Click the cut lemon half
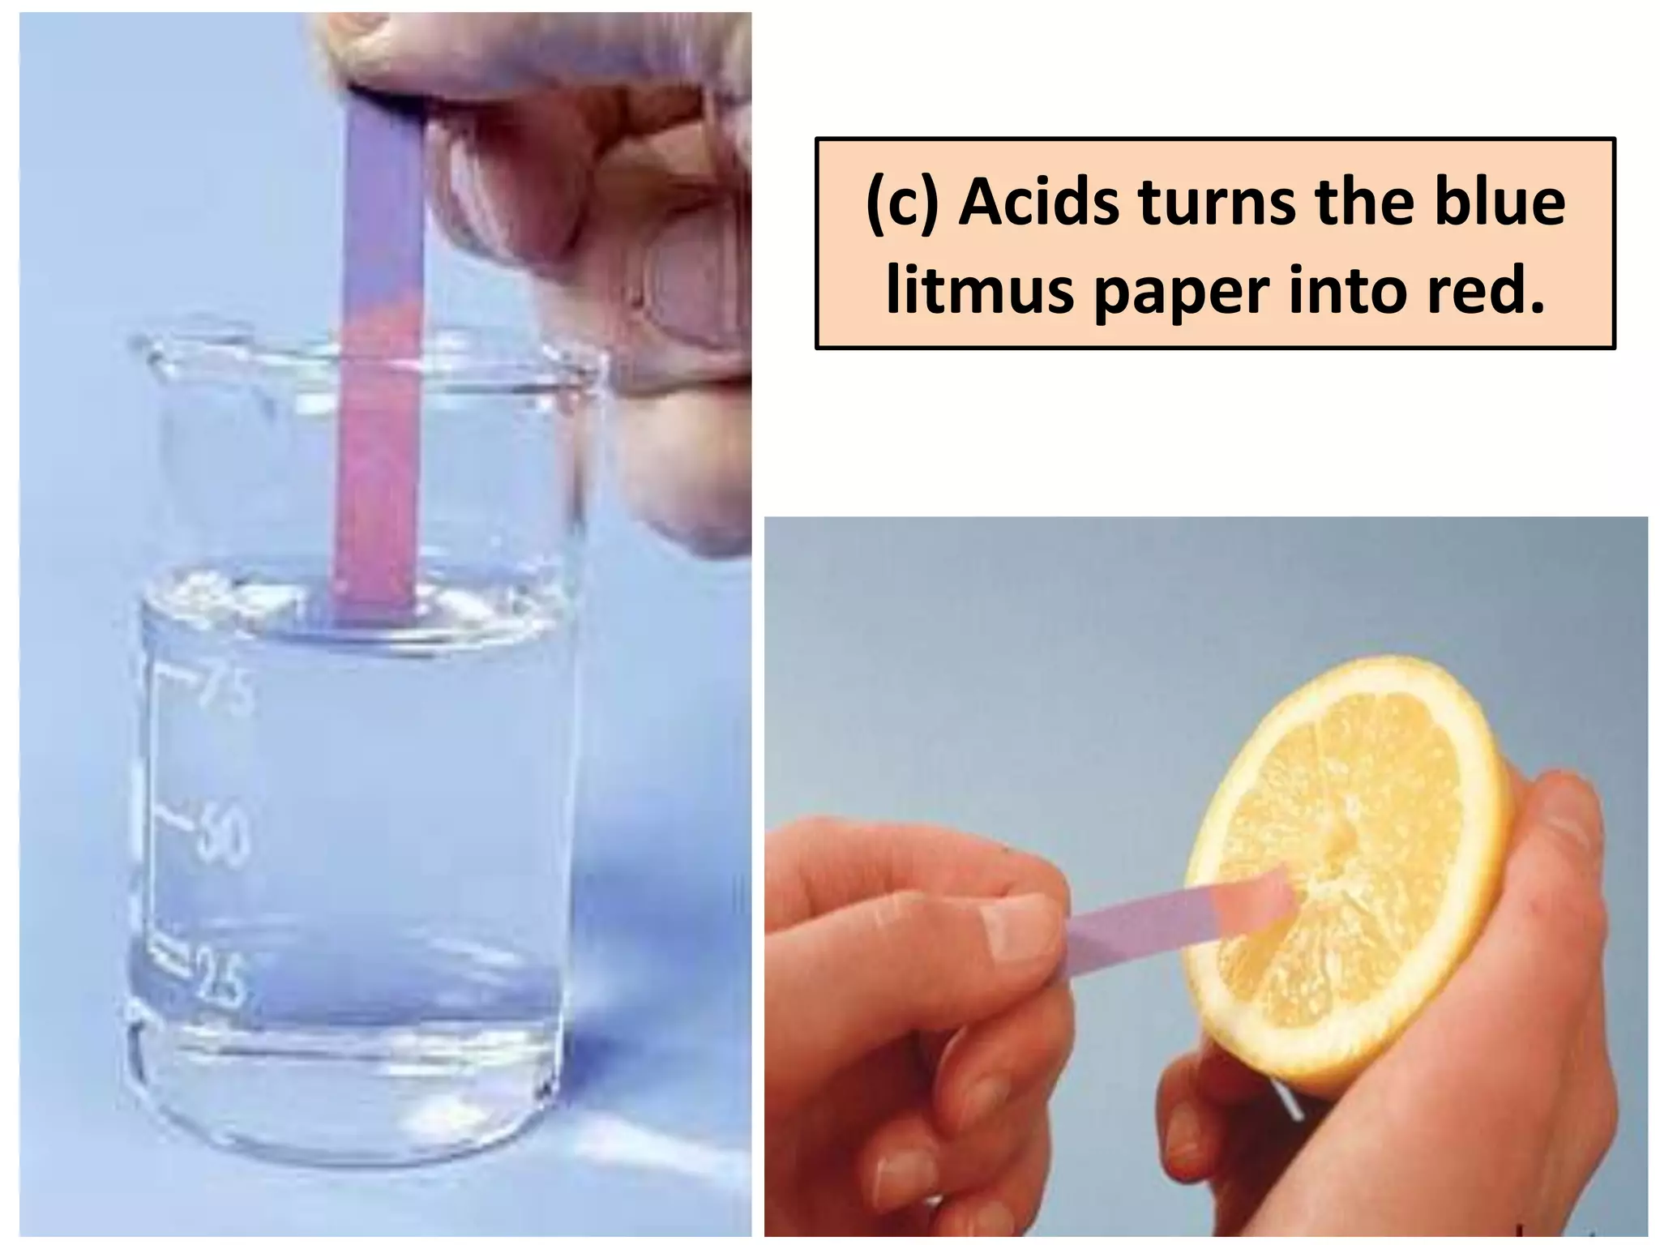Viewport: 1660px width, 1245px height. tap(1346, 867)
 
